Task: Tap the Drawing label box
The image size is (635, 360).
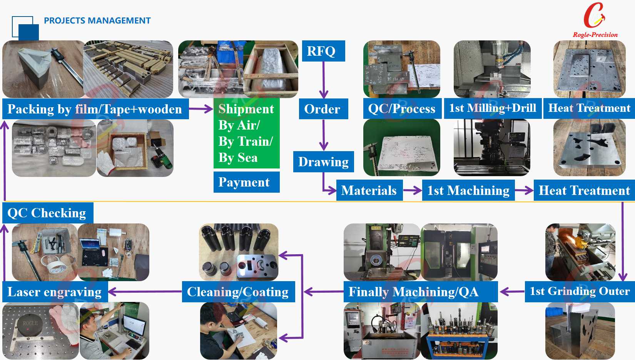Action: pyautogui.click(x=323, y=162)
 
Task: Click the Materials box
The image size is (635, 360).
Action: pyautogui.click(x=369, y=190)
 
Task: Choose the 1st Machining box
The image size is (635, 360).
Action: pyautogui.click(x=468, y=190)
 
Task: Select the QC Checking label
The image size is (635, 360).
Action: pyautogui.click(x=47, y=213)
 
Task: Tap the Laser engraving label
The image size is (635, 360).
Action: pyautogui.click(x=55, y=292)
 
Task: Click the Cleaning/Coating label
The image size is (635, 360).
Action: pyautogui.click(x=238, y=292)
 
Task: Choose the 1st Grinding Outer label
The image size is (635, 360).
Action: pyautogui.click(x=580, y=291)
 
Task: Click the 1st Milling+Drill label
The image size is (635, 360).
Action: pyautogui.click(x=493, y=108)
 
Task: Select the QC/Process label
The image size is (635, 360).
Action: pyautogui.click(x=401, y=109)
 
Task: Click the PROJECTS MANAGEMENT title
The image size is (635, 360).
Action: pyautogui.click(x=97, y=21)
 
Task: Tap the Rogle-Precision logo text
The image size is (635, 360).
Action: pyautogui.click(x=595, y=35)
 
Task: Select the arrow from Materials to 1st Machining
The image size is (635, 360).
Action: pyautogui.click(x=413, y=190)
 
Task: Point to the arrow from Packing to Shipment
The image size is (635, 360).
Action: pyautogui.click(x=201, y=109)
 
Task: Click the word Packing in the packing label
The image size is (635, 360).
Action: pyautogui.click(x=31, y=109)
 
